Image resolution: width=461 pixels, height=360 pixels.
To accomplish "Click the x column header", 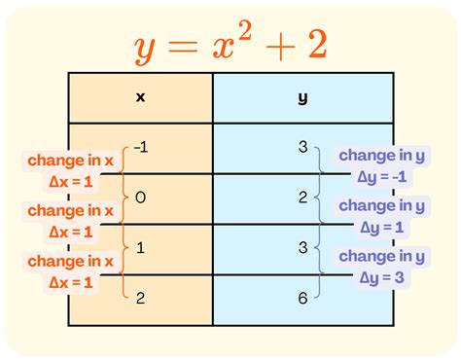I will click(140, 97).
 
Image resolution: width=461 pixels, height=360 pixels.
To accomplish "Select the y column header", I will click(303, 97).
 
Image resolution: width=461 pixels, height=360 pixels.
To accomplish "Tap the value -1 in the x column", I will click(142, 148).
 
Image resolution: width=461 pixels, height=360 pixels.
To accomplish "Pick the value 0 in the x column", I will click(142, 198).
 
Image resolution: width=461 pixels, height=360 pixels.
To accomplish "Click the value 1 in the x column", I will click(142, 249).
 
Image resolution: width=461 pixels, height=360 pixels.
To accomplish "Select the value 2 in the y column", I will click(303, 198).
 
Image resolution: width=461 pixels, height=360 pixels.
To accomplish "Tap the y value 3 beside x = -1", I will click(303, 148).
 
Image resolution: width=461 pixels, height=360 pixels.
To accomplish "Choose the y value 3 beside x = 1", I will click(303, 249).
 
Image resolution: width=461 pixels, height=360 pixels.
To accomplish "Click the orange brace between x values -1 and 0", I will click(124, 173).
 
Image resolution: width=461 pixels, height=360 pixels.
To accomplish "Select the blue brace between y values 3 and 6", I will click(323, 274).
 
